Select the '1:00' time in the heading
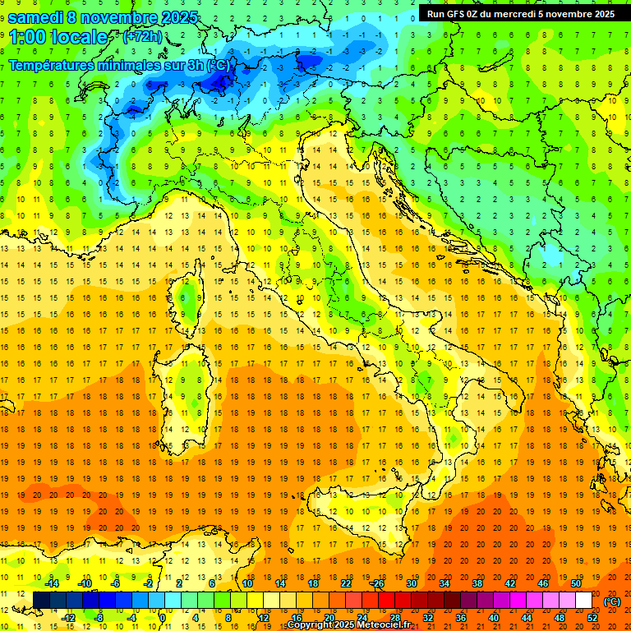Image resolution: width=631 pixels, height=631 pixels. [x=27, y=38]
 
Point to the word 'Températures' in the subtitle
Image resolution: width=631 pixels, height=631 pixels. [x=51, y=65]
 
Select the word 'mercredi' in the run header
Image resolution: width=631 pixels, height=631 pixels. [x=514, y=14]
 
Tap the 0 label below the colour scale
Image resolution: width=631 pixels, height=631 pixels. [x=163, y=618]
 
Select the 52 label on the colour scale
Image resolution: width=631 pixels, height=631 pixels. [x=592, y=618]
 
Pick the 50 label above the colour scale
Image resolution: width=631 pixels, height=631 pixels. [x=576, y=583]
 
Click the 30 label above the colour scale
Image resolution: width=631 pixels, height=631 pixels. [x=412, y=583]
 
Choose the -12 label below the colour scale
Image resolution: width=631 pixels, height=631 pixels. [x=68, y=618]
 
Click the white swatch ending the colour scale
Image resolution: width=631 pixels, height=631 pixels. [x=583, y=601]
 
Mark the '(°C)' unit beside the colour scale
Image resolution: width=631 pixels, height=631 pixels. [x=612, y=601]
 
